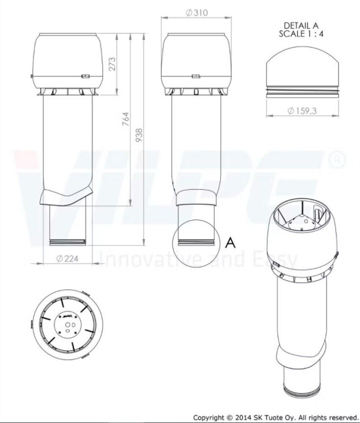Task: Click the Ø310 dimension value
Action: coord(197,13)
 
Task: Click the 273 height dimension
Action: coord(112,64)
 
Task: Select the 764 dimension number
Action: coord(126,120)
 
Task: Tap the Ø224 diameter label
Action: coord(67,259)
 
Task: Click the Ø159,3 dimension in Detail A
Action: coord(302,110)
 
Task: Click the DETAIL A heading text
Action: coord(301,26)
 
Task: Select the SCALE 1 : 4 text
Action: coord(301,34)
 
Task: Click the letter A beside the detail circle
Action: coord(230,242)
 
